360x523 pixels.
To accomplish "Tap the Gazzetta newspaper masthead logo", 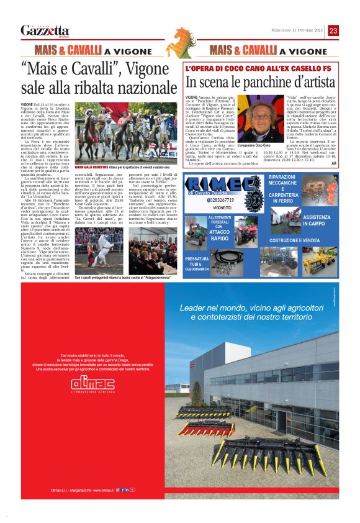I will (45, 30).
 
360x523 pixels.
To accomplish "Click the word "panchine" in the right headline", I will (268, 82).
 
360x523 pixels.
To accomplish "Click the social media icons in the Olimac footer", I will (127, 490).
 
